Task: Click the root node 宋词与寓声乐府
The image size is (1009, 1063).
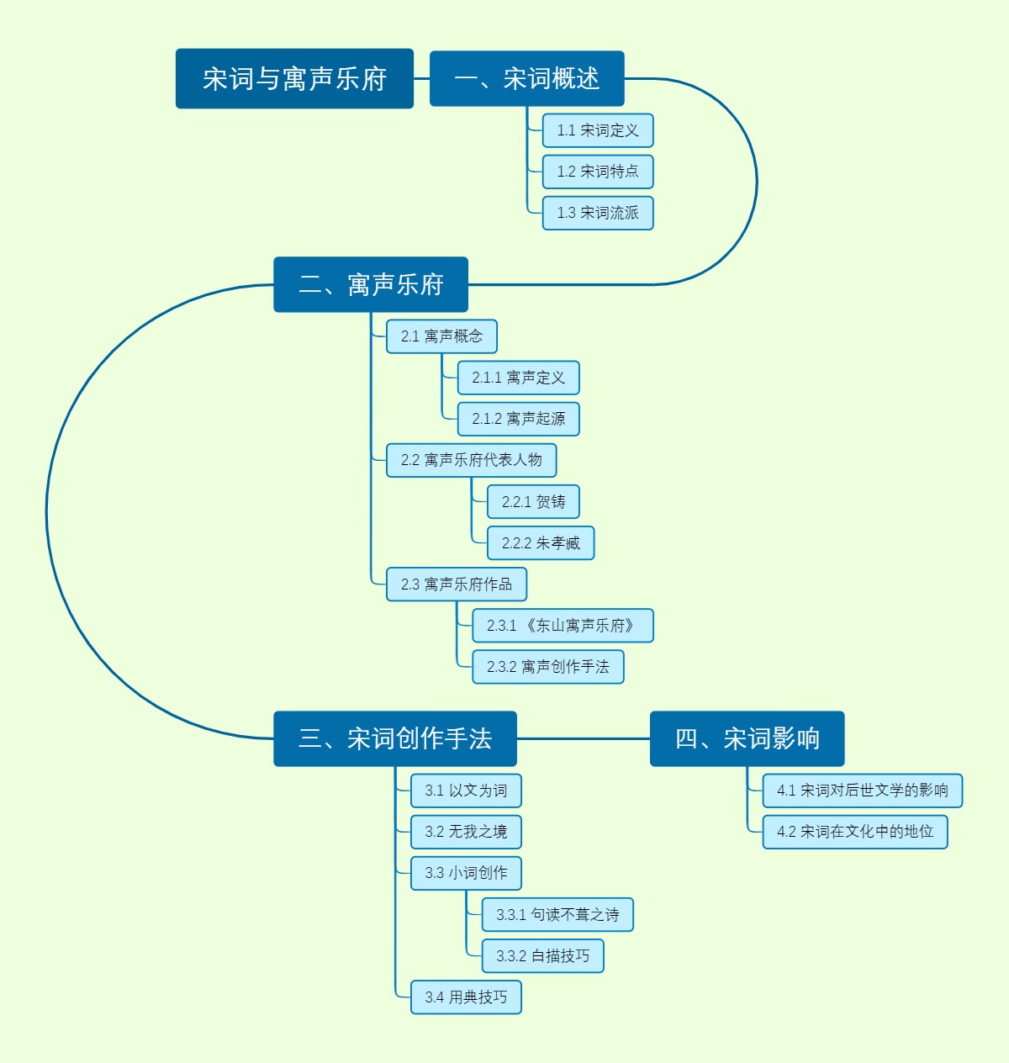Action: [x=294, y=79]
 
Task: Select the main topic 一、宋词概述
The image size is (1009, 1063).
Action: [x=526, y=79]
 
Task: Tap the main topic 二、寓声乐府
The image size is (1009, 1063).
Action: [x=371, y=285]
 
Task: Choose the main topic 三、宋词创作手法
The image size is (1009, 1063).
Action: [x=395, y=739]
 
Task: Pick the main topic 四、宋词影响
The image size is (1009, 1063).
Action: [x=747, y=739]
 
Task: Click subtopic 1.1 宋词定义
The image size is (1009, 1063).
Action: [x=598, y=130]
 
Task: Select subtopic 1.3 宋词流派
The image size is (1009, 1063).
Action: [x=598, y=213]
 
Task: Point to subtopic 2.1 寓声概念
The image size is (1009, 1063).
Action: [x=441, y=336]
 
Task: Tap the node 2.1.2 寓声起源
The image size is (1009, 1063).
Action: [x=518, y=419]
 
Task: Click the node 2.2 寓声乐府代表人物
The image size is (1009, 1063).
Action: [x=471, y=460]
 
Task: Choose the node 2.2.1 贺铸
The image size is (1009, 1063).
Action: [x=533, y=502]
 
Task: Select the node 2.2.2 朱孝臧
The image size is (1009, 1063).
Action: [x=541, y=543]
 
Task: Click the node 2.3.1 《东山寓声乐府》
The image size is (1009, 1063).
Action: [x=563, y=626]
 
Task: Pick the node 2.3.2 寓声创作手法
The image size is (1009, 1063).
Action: [x=547, y=667]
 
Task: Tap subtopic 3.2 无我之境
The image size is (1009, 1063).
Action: [x=466, y=832]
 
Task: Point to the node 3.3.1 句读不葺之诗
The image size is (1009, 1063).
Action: [x=557, y=915]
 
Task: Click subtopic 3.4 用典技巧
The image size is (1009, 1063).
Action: [x=466, y=997]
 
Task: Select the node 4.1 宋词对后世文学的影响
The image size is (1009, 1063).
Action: [x=862, y=791]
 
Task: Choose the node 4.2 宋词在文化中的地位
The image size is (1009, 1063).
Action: [x=854, y=832]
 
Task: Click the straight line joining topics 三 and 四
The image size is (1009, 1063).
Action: [x=584, y=739]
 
